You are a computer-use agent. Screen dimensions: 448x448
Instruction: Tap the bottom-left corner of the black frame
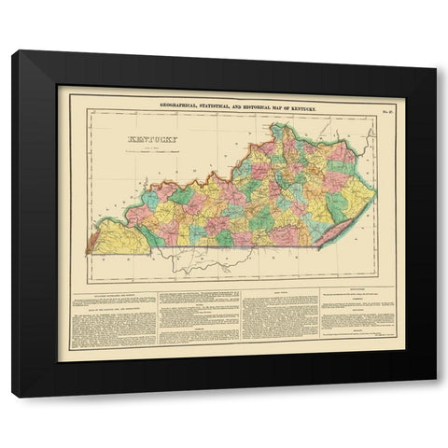[13, 398]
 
